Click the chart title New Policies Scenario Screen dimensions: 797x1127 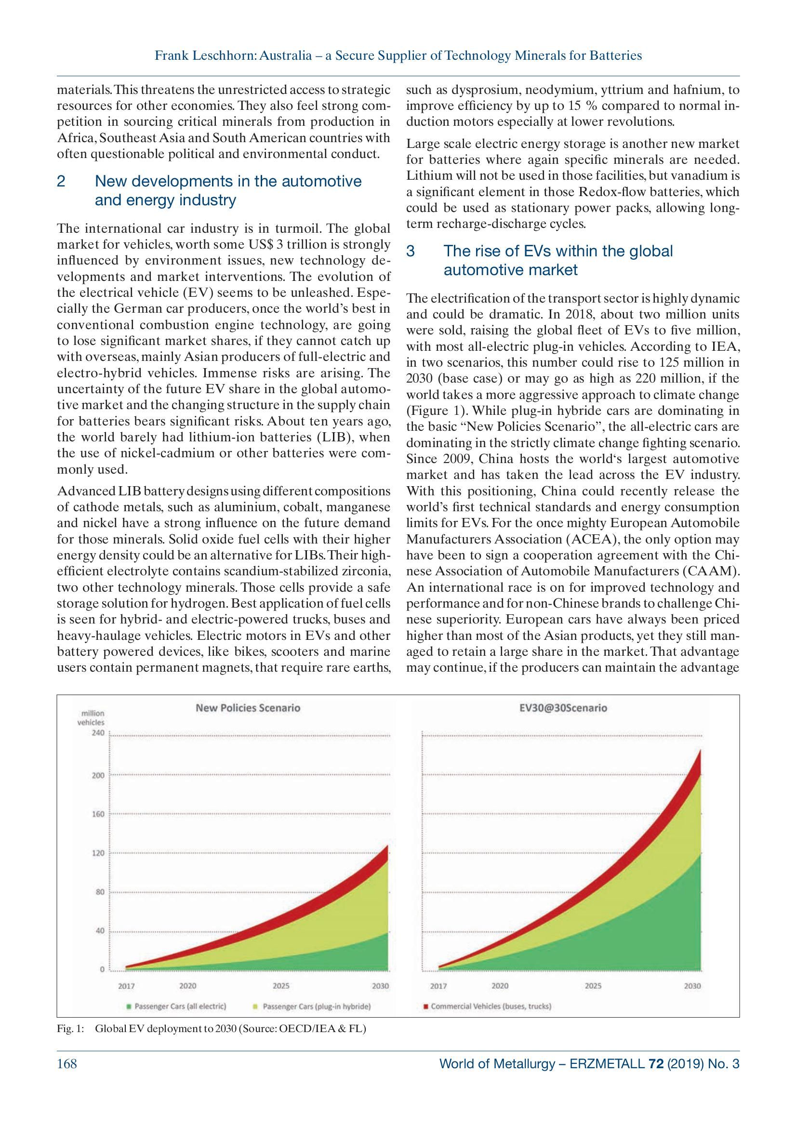coord(248,707)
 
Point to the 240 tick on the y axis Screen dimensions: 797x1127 coord(99,733)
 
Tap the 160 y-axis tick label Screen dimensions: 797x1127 coord(99,814)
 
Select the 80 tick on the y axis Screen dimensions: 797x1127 coord(100,892)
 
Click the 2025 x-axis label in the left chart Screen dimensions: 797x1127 coord(281,985)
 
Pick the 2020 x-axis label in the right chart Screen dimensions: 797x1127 coord(500,985)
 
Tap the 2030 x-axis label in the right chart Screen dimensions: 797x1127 coord(692,985)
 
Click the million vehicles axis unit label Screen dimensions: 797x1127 coord(91,717)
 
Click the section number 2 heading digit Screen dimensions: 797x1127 coord(61,182)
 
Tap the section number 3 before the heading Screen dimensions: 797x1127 coord(411,252)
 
